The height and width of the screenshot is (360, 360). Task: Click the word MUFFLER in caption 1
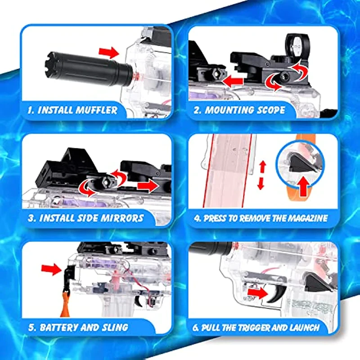click(95, 109)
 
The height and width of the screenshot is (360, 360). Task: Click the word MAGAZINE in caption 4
click(306, 218)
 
